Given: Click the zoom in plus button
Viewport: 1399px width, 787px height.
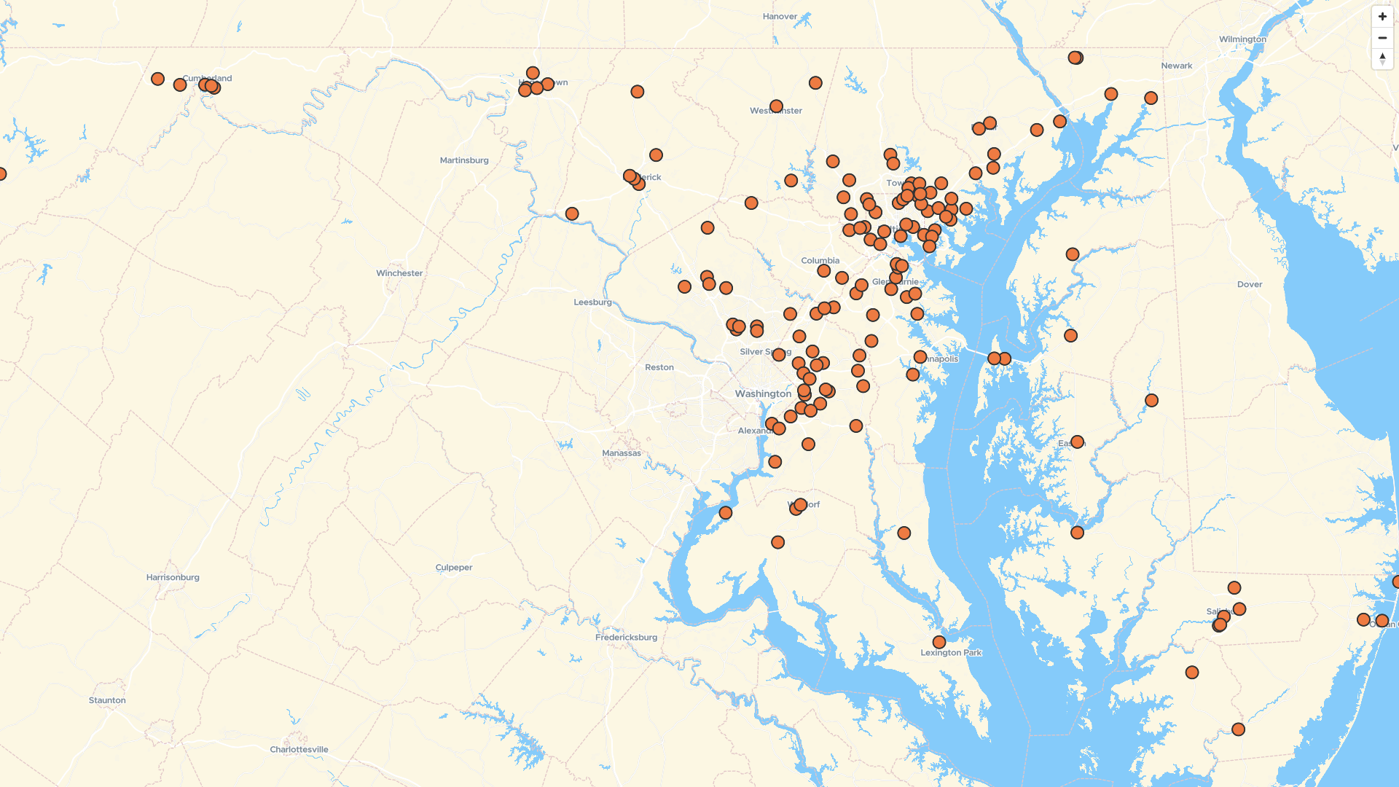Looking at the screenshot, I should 1382,16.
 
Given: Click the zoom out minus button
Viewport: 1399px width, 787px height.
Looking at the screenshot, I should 1382,37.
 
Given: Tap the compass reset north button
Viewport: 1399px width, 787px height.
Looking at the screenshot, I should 1382,58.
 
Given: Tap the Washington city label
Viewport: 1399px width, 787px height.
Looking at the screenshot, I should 763,393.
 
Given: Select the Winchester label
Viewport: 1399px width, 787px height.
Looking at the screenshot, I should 399,273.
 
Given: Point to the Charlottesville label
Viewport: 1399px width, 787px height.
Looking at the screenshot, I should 299,749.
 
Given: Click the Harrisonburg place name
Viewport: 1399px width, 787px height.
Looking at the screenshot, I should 173,577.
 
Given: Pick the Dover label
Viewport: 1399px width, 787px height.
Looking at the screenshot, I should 1250,284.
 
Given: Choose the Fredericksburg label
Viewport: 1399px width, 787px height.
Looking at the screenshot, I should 626,637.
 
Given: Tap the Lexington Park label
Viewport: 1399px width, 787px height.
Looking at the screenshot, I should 951,652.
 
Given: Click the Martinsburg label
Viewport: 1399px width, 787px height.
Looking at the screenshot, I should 464,160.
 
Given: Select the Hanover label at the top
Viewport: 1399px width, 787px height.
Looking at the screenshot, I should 780,16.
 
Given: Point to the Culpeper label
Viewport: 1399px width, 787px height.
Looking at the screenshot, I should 454,567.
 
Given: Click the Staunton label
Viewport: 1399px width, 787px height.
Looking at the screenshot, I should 107,700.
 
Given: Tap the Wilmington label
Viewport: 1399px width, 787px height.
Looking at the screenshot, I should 1242,39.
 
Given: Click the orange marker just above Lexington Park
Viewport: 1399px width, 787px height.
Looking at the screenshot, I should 939,642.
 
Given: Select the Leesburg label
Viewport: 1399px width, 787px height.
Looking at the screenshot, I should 592,302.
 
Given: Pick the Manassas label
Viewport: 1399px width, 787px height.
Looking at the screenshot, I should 622,453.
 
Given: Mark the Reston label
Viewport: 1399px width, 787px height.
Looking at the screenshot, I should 659,367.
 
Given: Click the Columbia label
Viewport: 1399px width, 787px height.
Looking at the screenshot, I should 820,260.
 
